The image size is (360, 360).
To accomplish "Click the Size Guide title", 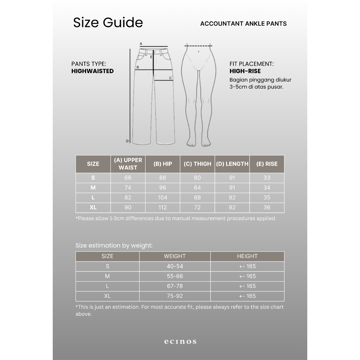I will pyautogui.click(x=108, y=22).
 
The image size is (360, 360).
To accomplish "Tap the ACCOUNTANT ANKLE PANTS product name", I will pyautogui.click(x=243, y=24).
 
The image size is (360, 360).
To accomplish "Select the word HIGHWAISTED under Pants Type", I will pyautogui.click(x=92, y=71).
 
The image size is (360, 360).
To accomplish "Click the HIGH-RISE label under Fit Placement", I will pyautogui.click(x=245, y=71).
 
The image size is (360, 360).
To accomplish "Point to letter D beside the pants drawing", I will pyautogui.click(x=127, y=141).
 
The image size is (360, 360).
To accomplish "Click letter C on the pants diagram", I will pyautogui.click(x=171, y=78).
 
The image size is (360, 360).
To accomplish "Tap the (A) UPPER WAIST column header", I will pyautogui.click(x=128, y=164).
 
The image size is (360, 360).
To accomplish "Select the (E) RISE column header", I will pyautogui.click(x=266, y=164).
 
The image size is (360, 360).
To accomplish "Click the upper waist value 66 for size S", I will pyautogui.click(x=128, y=178).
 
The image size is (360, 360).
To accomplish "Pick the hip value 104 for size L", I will pyautogui.click(x=162, y=198).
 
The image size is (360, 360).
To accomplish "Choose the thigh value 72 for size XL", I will pyautogui.click(x=197, y=207).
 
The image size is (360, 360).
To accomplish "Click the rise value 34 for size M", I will pyautogui.click(x=267, y=188).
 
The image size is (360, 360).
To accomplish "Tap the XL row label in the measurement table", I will pyautogui.click(x=93, y=207).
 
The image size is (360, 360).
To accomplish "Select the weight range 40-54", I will pyautogui.click(x=175, y=266).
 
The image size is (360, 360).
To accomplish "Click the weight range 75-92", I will pyautogui.click(x=175, y=296).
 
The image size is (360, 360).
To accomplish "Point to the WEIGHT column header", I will pyautogui.click(x=175, y=256).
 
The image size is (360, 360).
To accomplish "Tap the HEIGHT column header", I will pyautogui.click(x=247, y=256).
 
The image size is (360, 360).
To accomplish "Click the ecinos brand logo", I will pyautogui.click(x=180, y=341).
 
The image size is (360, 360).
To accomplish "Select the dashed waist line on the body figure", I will pyautogui.click(x=199, y=46).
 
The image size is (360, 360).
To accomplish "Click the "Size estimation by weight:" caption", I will pyautogui.click(x=114, y=246).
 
